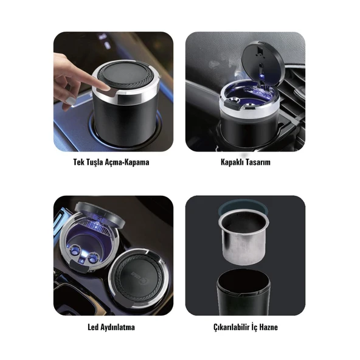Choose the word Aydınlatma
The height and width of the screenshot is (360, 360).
(x=119, y=327)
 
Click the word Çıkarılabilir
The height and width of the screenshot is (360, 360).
(x=230, y=327)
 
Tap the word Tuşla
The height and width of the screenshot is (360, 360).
(x=98, y=162)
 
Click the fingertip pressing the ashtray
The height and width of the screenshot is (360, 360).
(x=103, y=85)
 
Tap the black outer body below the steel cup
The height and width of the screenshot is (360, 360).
(x=243, y=291)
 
